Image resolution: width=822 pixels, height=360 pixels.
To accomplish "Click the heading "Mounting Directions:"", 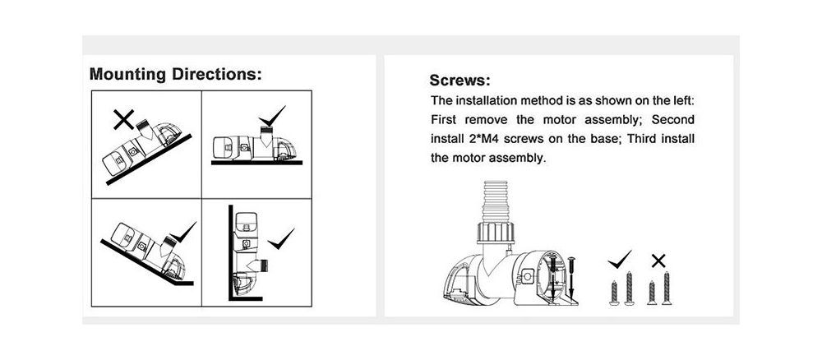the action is point(176,74).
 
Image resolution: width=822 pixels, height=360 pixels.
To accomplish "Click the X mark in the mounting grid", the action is point(124,119).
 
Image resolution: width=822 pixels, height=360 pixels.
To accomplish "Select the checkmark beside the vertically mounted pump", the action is point(280,239).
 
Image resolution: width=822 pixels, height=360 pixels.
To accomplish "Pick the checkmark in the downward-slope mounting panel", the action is point(183,232).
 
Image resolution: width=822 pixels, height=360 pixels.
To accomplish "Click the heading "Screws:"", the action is point(459,81).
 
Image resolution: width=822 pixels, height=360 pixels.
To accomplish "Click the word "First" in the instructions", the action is point(444,119).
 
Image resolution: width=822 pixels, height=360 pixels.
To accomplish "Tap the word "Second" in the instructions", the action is point(672,119).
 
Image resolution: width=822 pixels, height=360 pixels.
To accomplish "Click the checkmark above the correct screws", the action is point(620,260).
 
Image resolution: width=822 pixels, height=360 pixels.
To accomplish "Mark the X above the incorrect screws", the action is point(658,261).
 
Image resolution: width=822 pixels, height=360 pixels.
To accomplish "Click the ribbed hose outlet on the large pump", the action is point(495,201).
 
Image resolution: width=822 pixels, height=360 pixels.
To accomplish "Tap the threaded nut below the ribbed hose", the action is point(495,233).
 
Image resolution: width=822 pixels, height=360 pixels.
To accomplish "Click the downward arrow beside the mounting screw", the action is point(571,279).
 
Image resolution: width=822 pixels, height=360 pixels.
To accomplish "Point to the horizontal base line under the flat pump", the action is point(256,163).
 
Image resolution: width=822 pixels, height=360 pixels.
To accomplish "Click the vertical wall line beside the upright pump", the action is point(231,252).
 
